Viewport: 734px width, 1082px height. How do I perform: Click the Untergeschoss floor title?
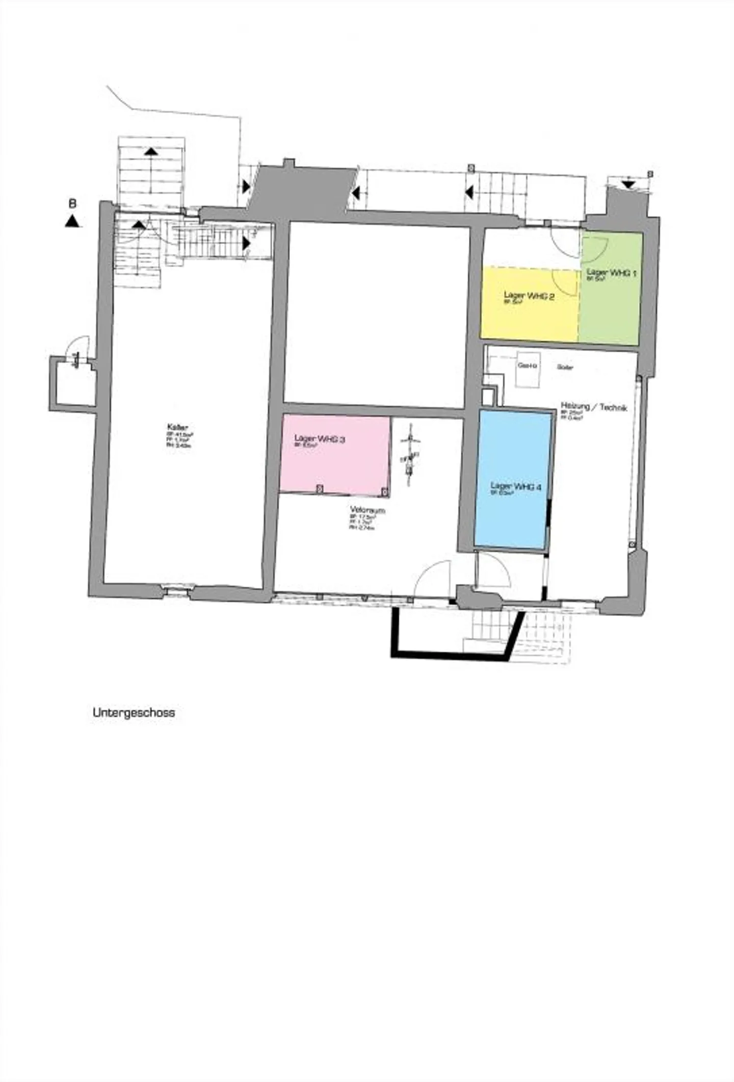(134, 712)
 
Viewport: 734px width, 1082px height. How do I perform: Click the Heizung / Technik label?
(593, 407)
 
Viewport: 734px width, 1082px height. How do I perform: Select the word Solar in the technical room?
(565, 367)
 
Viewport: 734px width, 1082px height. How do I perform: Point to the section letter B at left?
(73, 204)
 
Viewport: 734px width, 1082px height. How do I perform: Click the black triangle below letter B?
(73, 221)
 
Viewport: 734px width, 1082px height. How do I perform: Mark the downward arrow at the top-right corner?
(629, 184)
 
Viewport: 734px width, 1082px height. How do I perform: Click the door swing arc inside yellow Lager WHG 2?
(565, 279)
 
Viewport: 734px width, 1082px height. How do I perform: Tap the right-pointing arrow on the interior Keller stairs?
(247, 243)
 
